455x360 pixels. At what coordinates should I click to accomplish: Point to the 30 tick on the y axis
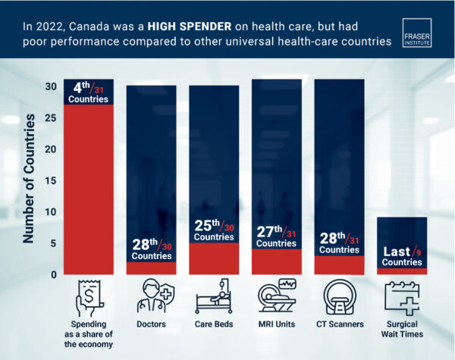(x=50, y=86)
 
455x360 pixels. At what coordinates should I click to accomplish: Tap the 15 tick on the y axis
(x=50, y=180)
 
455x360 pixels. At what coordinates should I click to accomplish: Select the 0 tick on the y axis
(x=53, y=274)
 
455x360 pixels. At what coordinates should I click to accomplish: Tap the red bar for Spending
(x=88, y=189)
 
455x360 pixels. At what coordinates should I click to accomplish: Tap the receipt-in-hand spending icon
(x=88, y=299)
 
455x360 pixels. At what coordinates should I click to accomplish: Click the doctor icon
(x=151, y=299)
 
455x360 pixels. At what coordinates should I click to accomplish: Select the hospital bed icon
(x=213, y=299)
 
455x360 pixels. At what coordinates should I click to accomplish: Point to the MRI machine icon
(x=276, y=299)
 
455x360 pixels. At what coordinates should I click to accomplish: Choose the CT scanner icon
(x=338, y=299)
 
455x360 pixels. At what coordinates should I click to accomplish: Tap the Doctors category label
(x=151, y=324)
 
